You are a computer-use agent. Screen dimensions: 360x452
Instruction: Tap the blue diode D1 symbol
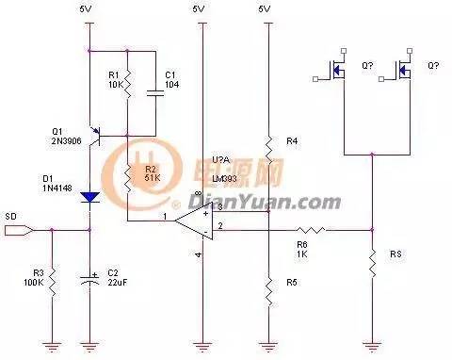[89, 197]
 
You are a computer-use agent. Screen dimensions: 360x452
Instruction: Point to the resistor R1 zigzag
[126, 80]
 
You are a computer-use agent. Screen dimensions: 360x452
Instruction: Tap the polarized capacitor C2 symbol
[89, 279]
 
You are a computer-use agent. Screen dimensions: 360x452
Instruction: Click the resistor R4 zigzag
[268, 144]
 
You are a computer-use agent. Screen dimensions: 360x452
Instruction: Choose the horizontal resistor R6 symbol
[312, 229]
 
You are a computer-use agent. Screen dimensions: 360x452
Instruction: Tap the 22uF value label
[116, 283]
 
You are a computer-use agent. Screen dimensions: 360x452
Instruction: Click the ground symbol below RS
[373, 344]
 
